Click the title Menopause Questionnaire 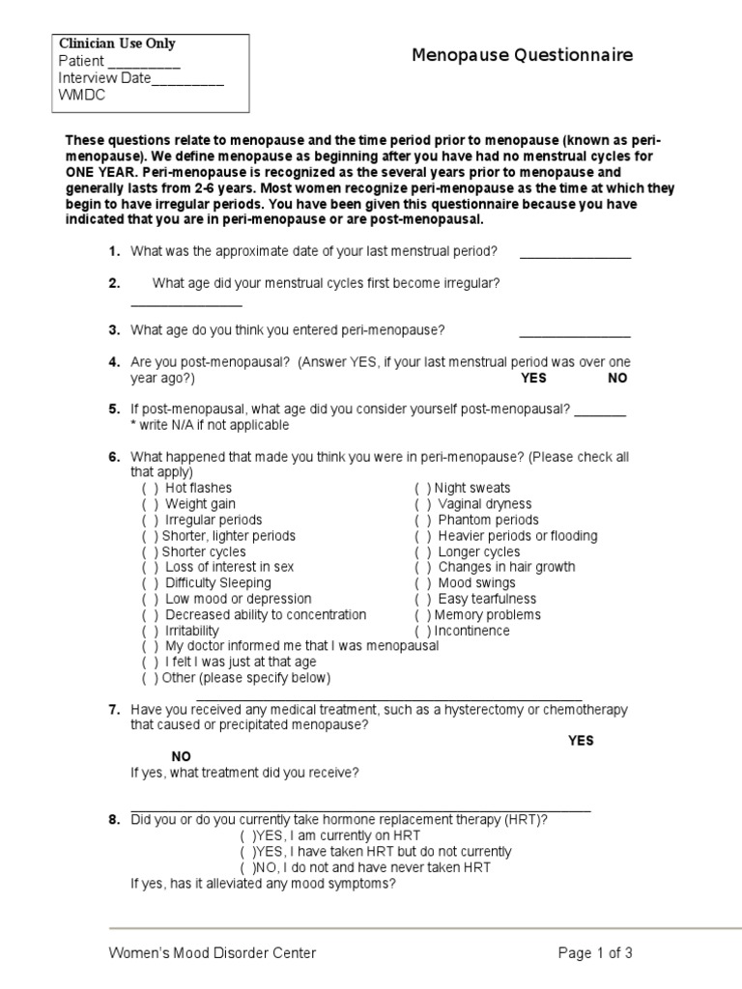(523, 55)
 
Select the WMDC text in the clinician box (82, 95)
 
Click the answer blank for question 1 (575, 255)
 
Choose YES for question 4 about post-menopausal (533, 379)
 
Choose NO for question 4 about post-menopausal (617, 379)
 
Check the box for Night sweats (422, 489)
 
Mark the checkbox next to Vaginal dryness (423, 504)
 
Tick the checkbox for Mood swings (423, 583)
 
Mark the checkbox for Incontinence (422, 631)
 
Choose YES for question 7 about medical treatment (581, 741)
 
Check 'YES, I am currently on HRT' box (247, 835)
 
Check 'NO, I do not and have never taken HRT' (247, 867)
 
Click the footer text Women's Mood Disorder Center (212, 953)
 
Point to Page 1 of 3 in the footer (595, 953)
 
